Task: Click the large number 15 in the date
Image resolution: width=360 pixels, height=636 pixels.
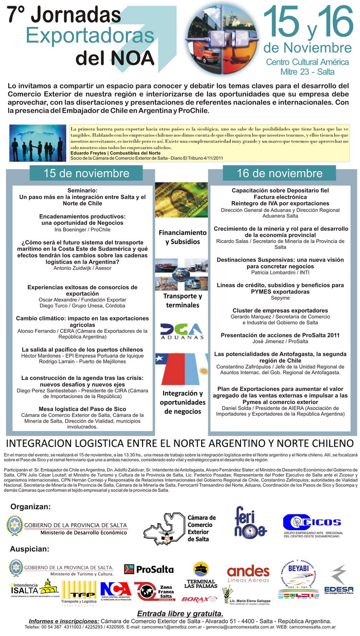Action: [283, 24]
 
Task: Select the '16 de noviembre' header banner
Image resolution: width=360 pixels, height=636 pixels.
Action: [280, 173]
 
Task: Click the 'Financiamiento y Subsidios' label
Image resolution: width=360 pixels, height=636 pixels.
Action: [182, 237]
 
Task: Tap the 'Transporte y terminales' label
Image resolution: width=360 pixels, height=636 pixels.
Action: [182, 300]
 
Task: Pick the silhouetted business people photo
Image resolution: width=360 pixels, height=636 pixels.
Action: [38, 143]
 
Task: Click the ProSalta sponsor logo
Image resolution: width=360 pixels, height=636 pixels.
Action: [149, 569]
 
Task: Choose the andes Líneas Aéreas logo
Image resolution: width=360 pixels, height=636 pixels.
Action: [248, 574]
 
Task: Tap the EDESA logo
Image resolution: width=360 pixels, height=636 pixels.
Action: [339, 580]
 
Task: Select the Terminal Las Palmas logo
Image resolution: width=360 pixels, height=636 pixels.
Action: [201, 577]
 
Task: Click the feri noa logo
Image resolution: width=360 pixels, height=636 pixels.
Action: [250, 522]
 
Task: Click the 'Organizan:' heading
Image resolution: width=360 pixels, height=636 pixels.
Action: [30, 506]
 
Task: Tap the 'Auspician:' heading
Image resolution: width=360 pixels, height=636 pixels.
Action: [30, 549]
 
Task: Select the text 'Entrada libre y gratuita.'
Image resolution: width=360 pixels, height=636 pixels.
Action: [180, 613]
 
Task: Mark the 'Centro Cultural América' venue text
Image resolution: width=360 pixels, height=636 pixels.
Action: [307, 62]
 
